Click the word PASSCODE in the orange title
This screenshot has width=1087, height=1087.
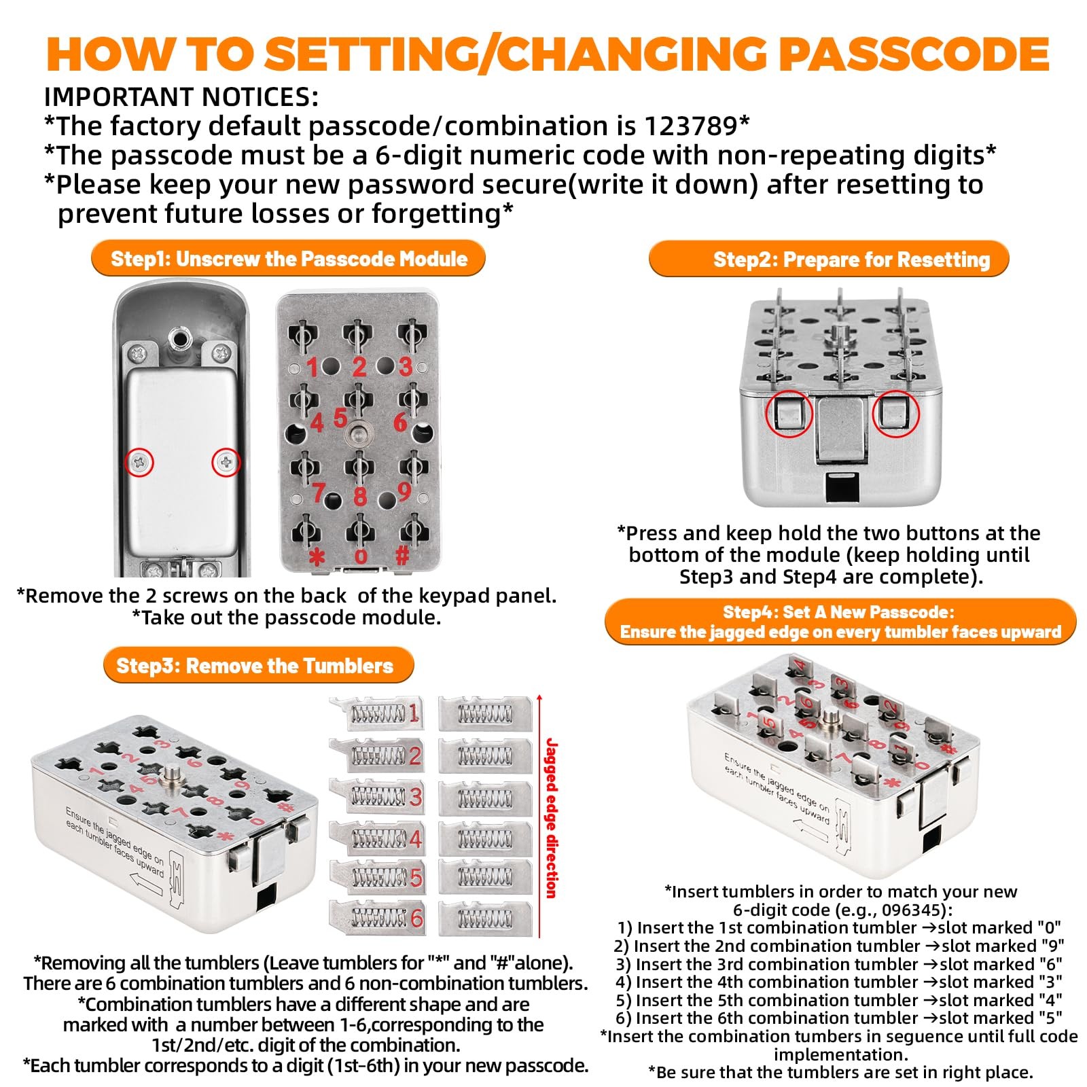[914, 54]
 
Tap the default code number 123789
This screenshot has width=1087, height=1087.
[690, 126]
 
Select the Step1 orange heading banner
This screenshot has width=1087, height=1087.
[289, 259]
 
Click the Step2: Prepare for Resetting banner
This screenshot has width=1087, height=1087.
[829, 260]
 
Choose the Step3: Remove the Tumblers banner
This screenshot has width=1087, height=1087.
[258, 666]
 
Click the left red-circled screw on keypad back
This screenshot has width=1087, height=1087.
[141, 463]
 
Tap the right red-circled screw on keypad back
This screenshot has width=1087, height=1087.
[226, 463]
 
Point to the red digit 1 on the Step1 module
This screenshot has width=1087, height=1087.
[312, 368]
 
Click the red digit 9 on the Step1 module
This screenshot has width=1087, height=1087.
[404, 491]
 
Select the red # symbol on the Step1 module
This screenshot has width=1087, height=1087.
[402, 556]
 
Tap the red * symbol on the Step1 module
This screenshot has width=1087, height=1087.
[317, 557]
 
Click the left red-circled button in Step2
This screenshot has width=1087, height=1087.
[789, 414]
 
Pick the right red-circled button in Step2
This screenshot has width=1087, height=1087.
[895, 414]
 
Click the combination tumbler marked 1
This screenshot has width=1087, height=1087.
[376, 713]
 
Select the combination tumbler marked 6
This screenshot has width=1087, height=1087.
[377, 917]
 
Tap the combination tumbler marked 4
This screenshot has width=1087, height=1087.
[377, 838]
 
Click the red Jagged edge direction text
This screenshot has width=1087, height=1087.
[551, 819]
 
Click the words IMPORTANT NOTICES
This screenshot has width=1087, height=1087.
[181, 97]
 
